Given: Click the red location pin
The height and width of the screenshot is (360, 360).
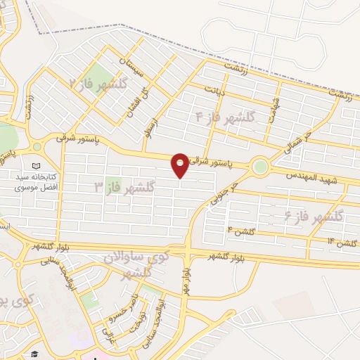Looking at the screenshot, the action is point(181,165).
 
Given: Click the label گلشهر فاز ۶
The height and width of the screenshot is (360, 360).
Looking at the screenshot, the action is point(314,217).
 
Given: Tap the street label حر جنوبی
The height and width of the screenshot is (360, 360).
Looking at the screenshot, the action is point(227,193).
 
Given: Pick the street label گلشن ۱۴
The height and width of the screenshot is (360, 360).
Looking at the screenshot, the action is point(340,243).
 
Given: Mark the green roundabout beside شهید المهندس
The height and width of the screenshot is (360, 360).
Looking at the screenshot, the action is point(260,167).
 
